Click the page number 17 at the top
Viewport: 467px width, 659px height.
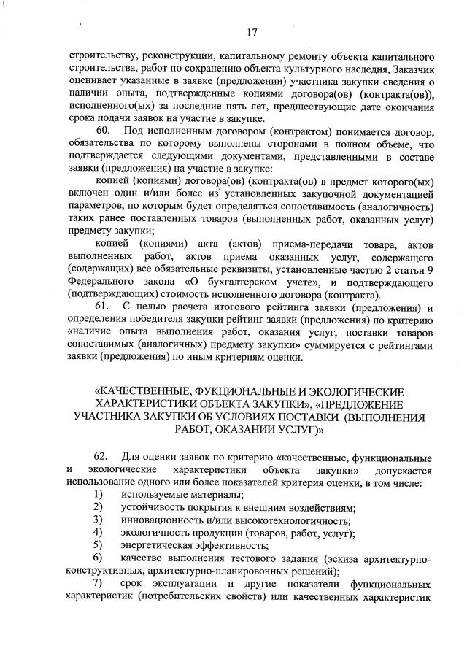(x=253, y=31)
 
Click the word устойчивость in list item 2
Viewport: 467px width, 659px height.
(x=158, y=508)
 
